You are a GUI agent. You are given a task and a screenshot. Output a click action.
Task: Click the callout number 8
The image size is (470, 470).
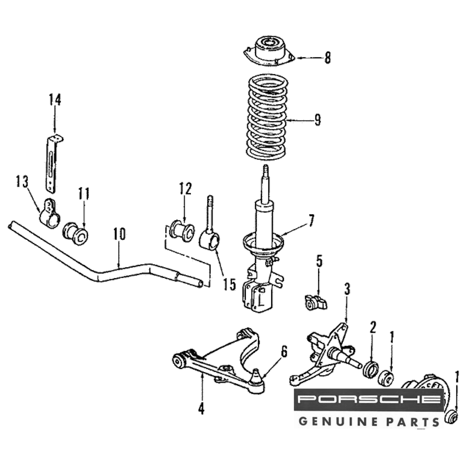pos(327,58)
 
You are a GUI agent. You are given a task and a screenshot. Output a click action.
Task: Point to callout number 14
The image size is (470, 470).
pos(55,100)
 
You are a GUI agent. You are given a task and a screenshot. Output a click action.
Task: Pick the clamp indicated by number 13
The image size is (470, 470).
pos(49,214)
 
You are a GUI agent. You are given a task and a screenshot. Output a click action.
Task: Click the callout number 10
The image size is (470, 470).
pos(119,234)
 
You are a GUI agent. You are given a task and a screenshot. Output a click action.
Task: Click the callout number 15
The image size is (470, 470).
pos(229,284)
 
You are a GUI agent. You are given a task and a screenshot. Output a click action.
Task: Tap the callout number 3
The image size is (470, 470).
pos(347,289)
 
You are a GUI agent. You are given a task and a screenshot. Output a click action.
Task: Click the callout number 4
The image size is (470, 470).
pos(201,408)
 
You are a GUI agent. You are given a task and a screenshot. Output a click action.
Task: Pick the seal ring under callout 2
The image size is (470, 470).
pos(370,369)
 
